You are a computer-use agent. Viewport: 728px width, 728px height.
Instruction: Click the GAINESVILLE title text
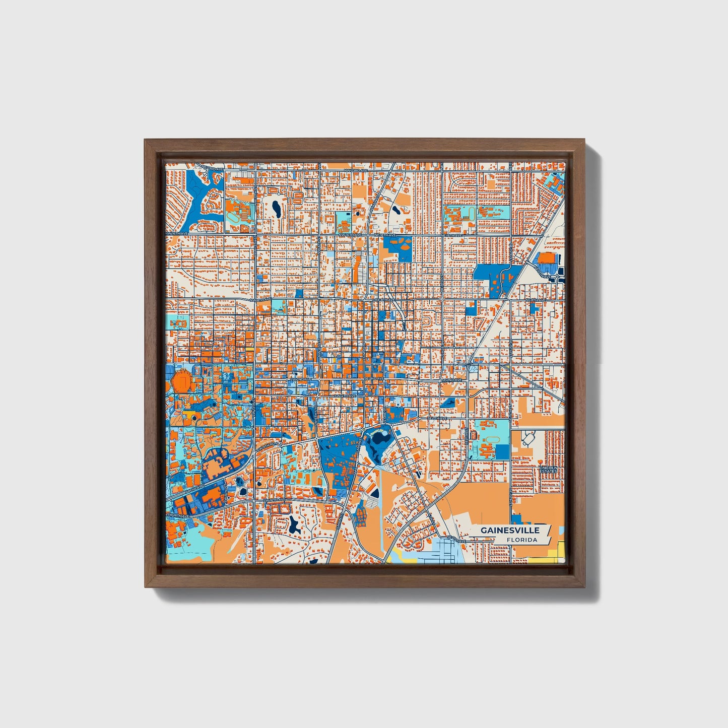(x=509, y=530)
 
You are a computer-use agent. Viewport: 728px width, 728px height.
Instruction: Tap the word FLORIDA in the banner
(x=522, y=540)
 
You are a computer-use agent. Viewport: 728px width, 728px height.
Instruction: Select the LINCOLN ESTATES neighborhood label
(x=548, y=469)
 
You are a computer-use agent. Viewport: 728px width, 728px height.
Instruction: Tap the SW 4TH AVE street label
(x=345, y=396)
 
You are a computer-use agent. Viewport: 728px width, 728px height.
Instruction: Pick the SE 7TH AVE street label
(x=437, y=418)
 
